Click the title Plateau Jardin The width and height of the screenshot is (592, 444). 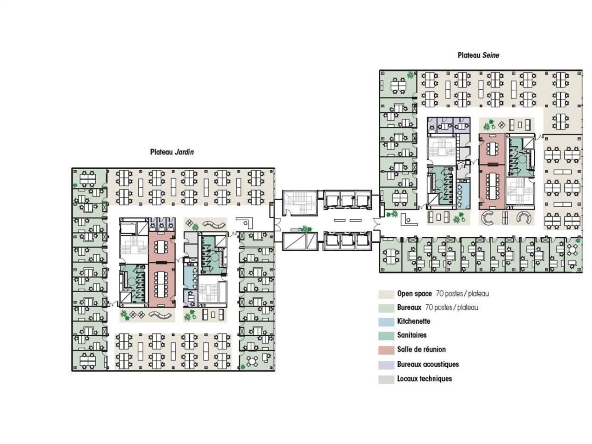[x=172, y=152]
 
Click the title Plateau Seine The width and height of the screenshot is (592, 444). [x=478, y=55]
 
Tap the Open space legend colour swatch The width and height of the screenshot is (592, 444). [x=386, y=294]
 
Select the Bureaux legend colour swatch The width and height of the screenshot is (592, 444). [x=386, y=308]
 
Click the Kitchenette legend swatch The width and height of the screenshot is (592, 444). [x=386, y=322]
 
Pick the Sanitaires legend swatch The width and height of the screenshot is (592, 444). [x=386, y=336]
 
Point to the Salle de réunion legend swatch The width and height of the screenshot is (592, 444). [x=386, y=350]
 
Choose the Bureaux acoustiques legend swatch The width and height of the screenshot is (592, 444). [x=386, y=364]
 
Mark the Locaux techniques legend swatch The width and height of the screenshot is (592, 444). [x=386, y=379]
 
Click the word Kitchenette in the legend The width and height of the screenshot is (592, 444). [x=413, y=321]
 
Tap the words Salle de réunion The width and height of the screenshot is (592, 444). [x=421, y=350]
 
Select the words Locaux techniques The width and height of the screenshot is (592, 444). [x=424, y=379]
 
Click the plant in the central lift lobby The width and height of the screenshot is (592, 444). [x=305, y=228]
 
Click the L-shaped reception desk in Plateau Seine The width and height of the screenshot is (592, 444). [x=408, y=220]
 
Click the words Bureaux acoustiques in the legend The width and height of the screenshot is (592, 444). [x=428, y=364]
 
